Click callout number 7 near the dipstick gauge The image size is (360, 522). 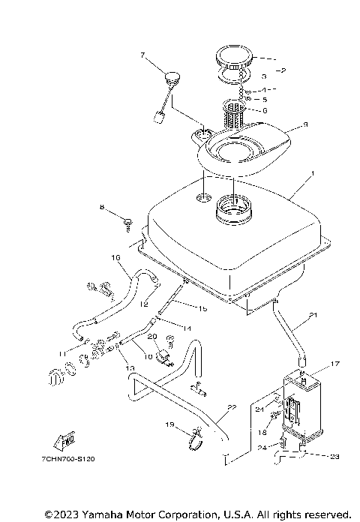142,55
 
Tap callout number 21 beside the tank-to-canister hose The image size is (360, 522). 313,314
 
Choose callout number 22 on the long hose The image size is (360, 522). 232,406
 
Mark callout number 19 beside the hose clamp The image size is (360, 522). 169,425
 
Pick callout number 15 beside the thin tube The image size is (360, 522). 202,308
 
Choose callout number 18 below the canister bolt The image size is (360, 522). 263,433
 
